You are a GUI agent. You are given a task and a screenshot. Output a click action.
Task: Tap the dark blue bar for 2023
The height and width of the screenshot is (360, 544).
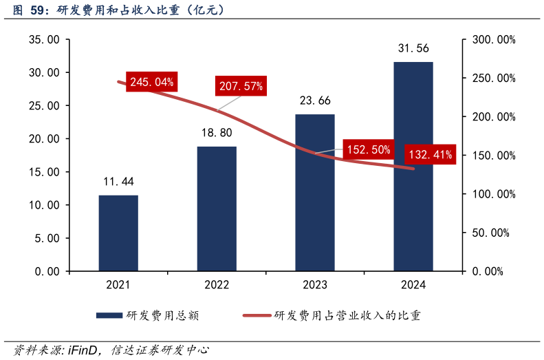[315, 192]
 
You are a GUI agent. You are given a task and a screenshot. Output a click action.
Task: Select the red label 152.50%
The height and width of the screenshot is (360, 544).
[369, 149]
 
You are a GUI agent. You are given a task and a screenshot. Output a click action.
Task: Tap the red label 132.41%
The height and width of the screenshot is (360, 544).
[431, 155]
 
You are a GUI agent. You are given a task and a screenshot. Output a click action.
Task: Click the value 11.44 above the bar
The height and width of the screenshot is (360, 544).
[118, 182]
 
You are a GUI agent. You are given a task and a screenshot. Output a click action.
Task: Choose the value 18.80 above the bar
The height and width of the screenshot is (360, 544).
[217, 133]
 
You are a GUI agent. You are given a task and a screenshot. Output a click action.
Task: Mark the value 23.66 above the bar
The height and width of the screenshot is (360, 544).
[315, 100]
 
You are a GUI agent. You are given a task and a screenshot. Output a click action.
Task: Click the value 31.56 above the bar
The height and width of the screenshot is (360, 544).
[413, 48]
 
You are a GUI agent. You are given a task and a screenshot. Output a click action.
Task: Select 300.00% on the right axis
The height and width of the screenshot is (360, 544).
[490, 40]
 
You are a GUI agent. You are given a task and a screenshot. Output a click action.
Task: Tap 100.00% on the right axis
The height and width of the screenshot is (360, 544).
[490, 194]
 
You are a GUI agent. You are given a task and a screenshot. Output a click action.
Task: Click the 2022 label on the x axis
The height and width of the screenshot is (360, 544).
[217, 285]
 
